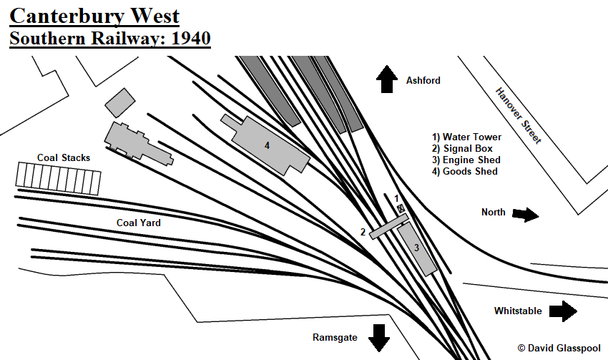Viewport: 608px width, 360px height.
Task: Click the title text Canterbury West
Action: pyautogui.click(x=94, y=15)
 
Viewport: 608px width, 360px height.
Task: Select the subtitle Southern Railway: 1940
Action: pyautogui.click(x=110, y=37)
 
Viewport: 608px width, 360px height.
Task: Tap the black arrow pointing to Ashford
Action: pyautogui.click(x=388, y=79)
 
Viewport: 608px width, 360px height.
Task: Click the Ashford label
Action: pyautogui.click(x=423, y=81)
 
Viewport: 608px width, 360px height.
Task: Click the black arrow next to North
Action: pyautogui.click(x=525, y=214)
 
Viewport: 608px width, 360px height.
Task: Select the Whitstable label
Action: pyautogui.click(x=518, y=311)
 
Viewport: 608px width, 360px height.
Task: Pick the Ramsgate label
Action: pyautogui.click(x=335, y=336)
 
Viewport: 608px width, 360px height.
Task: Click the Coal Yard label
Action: pyautogui.click(x=139, y=223)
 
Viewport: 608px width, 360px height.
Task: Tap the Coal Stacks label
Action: pyautogui.click(x=64, y=157)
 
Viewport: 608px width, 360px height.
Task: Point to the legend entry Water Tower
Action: pyautogui.click(x=466, y=137)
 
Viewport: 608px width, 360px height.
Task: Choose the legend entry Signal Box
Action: pyautogui.click(x=462, y=148)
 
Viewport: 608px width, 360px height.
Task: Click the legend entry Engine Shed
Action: pyautogui.click(x=466, y=160)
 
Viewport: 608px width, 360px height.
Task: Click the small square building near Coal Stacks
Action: pyautogui.click(x=119, y=103)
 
